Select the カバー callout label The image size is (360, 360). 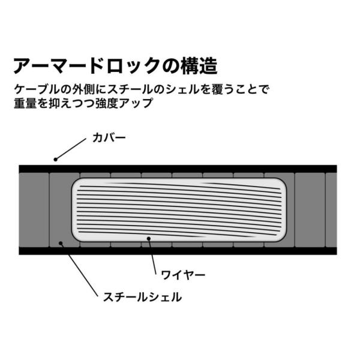pos(108,137)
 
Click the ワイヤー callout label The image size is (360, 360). pos(183,275)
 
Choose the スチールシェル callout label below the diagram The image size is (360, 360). pos(142,296)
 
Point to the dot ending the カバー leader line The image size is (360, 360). pos(56,159)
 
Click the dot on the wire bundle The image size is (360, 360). pos(148,238)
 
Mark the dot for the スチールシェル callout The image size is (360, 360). pos(60,243)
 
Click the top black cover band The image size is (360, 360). pos(180,169)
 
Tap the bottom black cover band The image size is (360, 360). pos(180,250)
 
